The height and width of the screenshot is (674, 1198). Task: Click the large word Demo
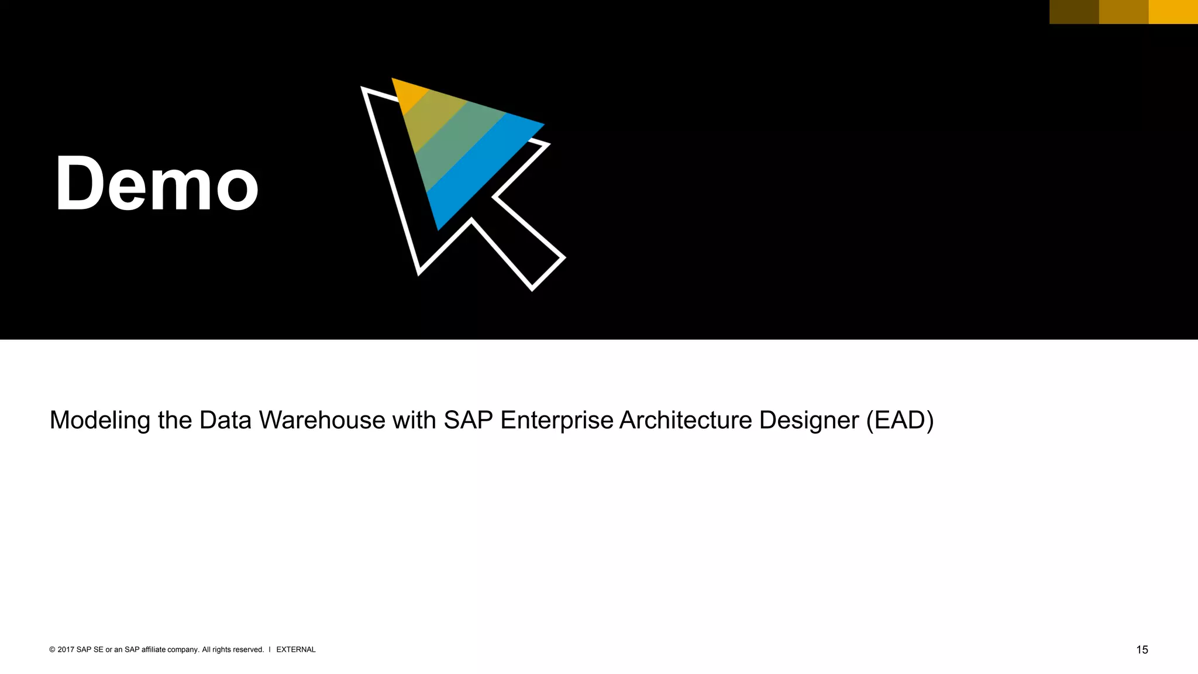tap(157, 184)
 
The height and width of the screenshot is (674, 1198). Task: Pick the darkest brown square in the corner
tap(1074, 12)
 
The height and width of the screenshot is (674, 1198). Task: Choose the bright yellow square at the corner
tap(1173, 12)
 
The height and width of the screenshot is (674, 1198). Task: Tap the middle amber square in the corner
tap(1124, 12)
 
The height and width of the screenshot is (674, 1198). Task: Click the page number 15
tap(1142, 650)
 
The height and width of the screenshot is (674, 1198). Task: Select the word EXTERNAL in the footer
tap(295, 649)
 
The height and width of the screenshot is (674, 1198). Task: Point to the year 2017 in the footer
tap(66, 649)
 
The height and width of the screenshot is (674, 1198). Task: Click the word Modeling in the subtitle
tap(100, 421)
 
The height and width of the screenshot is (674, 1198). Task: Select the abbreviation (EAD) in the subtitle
tap(900, 421)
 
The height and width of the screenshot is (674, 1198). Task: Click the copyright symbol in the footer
tap(52, 649)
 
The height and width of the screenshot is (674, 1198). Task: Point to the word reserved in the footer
tap(249, 649)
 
